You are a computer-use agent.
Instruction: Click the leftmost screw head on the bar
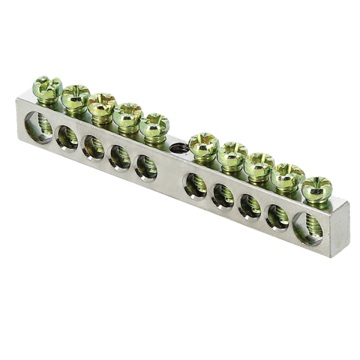point(47,88)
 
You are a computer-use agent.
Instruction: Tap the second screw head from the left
point(76,95)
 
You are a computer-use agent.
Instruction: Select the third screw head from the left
point(101,104)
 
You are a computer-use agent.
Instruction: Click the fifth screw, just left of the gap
point(154,124)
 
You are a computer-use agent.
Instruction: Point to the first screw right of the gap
point(203,144)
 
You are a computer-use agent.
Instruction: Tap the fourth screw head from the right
point(232,154)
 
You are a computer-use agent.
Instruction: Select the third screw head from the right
point(260,164)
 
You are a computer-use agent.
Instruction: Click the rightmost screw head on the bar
point(316,187)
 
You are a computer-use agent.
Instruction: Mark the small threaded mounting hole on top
point(176,148)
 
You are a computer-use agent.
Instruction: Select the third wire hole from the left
point(93,148)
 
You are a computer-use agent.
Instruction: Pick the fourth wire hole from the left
point(119,158)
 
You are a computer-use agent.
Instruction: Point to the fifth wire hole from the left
point(146,169)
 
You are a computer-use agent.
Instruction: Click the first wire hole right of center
point(195,187)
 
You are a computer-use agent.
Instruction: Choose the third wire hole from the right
point(250,207)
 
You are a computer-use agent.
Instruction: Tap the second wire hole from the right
point(277,218)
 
